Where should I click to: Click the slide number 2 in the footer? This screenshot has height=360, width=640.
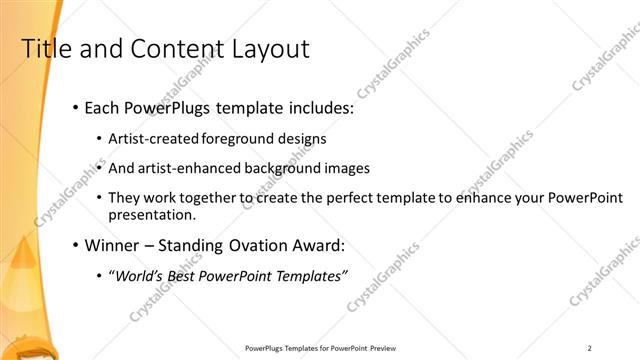589,348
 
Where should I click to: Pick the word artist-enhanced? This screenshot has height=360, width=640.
191,168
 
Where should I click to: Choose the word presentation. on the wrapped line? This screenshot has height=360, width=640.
152,214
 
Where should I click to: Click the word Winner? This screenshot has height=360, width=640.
113,244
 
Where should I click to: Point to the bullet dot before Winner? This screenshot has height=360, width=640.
75,244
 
